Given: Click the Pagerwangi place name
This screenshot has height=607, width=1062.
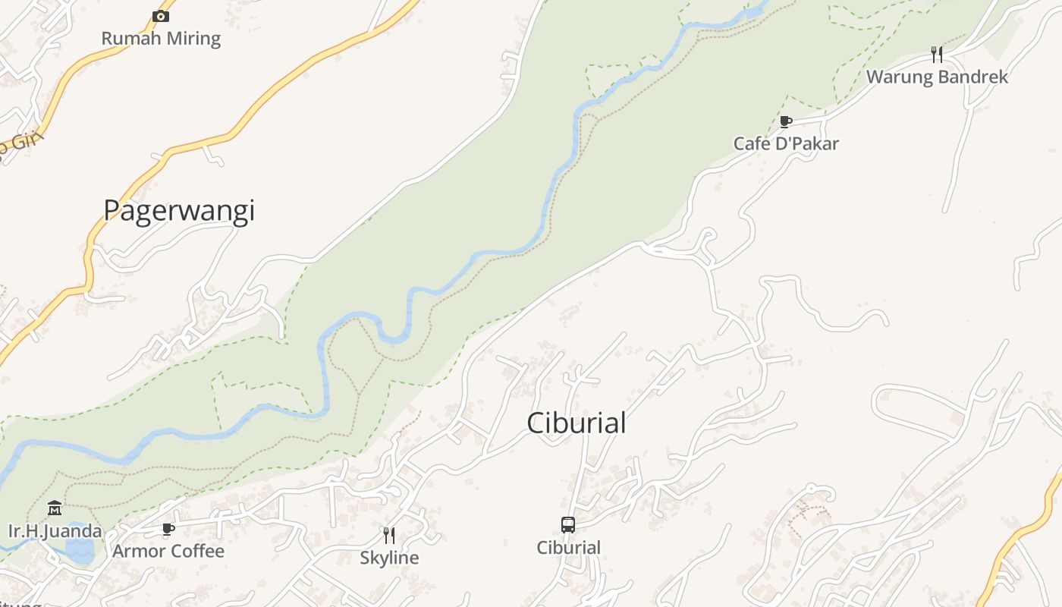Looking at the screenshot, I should click(x=179, y=211).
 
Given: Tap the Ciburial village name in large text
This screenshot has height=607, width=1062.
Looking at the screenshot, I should click(x=577, y=423).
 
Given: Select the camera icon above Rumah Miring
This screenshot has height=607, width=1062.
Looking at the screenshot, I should click(x=161, y=16).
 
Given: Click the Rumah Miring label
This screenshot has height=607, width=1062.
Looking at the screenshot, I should click(x=161, y=39).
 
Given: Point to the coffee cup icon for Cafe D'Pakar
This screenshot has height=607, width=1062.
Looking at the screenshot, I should click(x=786, y=121).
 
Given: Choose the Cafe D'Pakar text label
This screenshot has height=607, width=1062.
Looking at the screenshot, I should click(x=786, y=143).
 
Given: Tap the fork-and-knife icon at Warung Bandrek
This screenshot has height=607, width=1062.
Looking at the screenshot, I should click(x=937, y=54).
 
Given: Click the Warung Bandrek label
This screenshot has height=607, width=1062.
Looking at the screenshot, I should click(x=937, y=77).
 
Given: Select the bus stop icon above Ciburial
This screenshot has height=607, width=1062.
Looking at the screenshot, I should click(x=568, y=524).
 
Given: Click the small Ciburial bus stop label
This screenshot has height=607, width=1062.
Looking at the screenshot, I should click(x=568, y=548).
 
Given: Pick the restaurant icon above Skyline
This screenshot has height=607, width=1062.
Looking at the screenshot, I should click(x=389, y=536).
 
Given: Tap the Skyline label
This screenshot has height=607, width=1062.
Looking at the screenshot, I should click(x=389, y=558).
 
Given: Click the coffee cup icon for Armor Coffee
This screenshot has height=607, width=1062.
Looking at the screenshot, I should click(x=168, y=529).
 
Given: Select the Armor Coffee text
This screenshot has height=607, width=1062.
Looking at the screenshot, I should click(x=168, y=552).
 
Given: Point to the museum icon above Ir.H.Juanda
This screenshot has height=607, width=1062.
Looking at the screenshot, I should click(x=55, y=508).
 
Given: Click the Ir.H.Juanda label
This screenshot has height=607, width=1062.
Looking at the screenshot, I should click(x=55, y=530).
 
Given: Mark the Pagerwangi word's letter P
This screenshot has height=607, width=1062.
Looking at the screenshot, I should click(x=112, y=210).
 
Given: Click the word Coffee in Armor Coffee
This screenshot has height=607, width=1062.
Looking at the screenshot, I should click(x=196, y=552).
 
